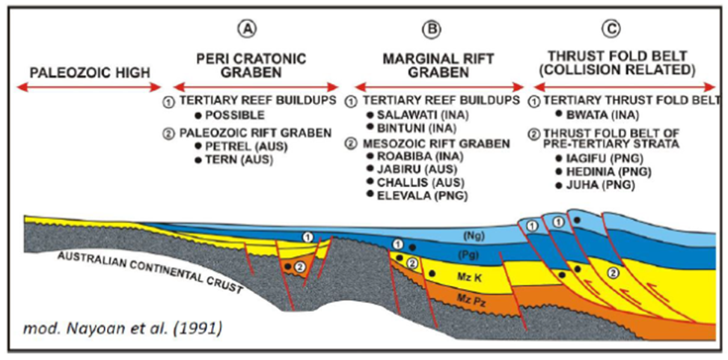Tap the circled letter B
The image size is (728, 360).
[432, 31]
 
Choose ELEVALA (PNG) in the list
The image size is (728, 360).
[415, 195]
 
